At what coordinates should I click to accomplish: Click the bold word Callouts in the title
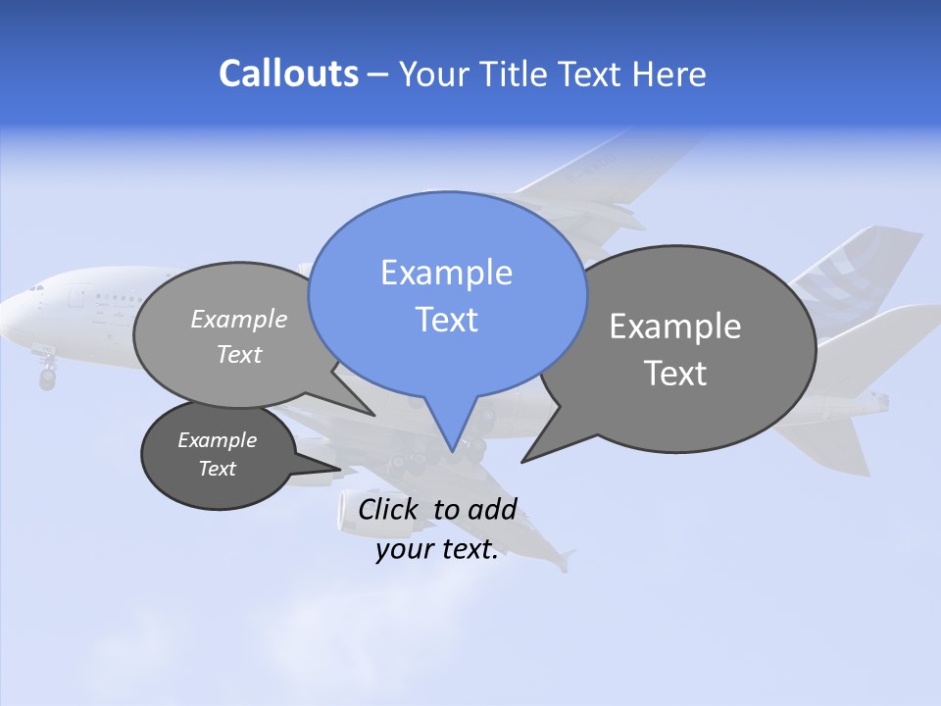point(288,74)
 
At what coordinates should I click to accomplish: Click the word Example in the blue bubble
point(446,273)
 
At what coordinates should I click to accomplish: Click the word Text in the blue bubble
point(446,319)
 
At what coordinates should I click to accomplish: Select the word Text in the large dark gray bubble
point(675,374)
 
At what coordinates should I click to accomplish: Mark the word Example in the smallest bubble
point(217,440)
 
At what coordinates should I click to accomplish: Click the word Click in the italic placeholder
point(390,509)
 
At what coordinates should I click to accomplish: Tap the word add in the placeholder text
point(492,509)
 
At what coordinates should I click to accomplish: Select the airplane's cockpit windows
point(36,288)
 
